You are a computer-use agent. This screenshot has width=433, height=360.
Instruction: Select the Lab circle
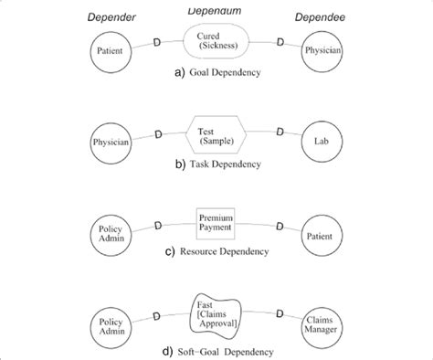(x=322, y=142)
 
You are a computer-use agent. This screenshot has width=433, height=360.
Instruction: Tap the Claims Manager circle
(x=322, y=322)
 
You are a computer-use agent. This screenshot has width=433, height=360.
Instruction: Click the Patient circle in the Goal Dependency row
(x=110, y=51)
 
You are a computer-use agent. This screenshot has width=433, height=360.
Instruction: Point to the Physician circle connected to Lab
(x=110, y=142)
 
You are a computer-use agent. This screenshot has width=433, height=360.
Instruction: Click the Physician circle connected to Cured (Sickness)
(x=322, y=51)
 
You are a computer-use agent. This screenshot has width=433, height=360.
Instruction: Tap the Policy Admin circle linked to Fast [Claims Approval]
(x=110, y=322)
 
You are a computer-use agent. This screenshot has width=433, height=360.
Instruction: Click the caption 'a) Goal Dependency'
(x=216, y=71)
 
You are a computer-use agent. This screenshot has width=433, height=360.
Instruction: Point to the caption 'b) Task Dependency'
(x=216, y=164)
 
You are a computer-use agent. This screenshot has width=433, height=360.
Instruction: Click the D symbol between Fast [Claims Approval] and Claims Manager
(x=280, y=314)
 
